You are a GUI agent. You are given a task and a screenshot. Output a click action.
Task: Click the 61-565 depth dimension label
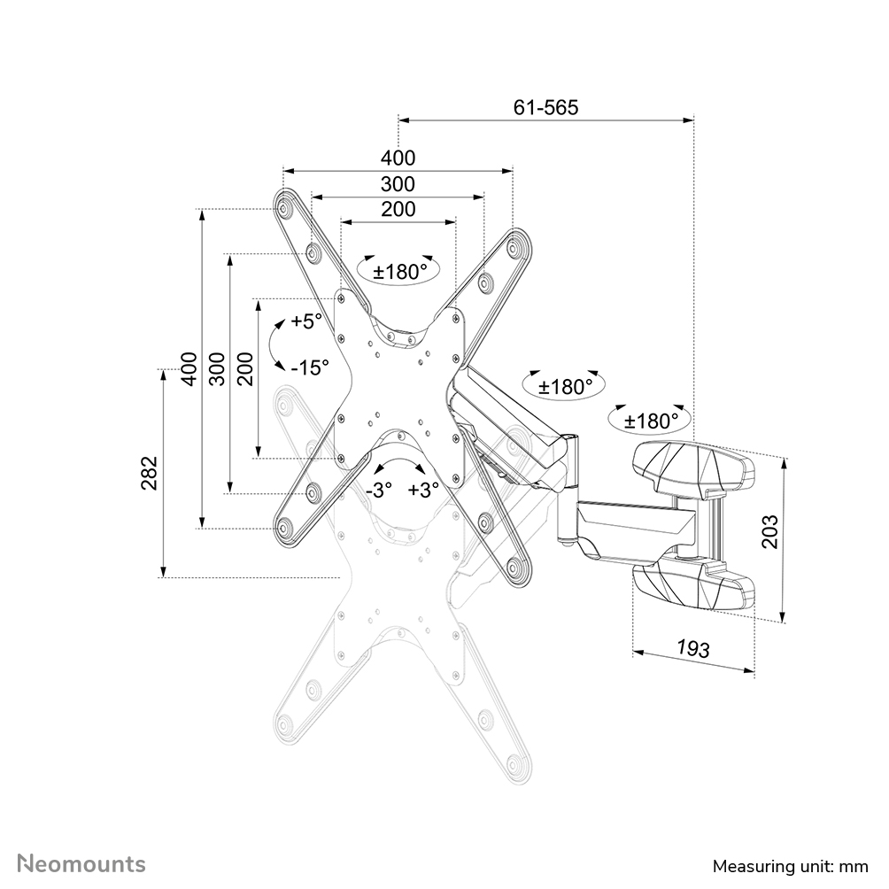[545, 107]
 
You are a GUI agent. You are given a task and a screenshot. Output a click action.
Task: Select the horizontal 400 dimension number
[398, 158]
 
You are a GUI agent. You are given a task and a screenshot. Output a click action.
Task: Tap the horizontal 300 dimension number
[398, 184]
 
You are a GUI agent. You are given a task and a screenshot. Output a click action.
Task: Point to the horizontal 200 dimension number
[398, 210]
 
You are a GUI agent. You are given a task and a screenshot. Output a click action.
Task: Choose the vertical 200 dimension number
[245, 367]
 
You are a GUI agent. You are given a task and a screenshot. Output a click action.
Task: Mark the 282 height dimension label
[150, 473]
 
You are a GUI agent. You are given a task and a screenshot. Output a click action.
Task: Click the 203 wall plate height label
[770, 531]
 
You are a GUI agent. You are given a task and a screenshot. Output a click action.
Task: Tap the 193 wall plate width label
[693, 648]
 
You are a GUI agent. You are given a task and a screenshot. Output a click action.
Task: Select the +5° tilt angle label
[306, 321]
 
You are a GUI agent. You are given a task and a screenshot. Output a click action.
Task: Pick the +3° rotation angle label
[424, 490]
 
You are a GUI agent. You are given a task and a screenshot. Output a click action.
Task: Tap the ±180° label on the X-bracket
[399, 272]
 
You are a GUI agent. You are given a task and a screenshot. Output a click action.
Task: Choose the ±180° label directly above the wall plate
[652, 421]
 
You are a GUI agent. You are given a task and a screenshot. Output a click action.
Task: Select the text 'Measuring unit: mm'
[789, 865]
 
